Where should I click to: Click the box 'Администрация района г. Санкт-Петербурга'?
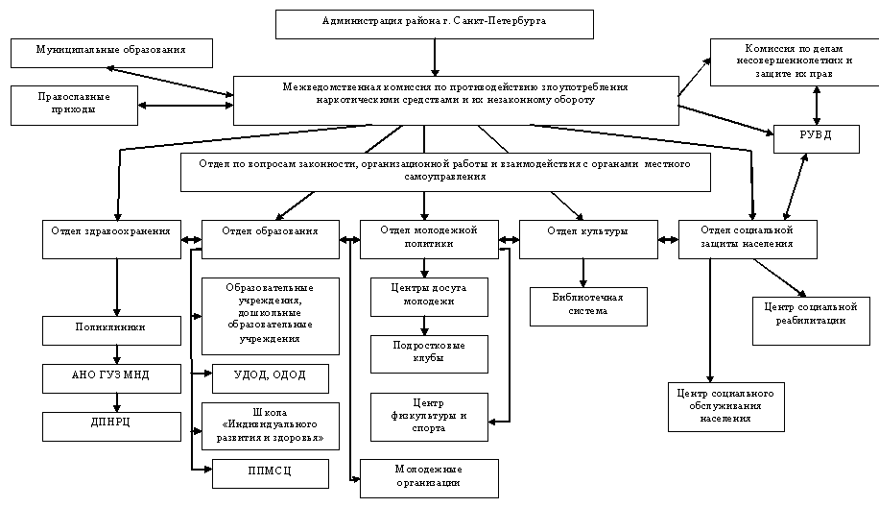click(x=434, y=23)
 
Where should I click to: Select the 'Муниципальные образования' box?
click(x=110, y=52)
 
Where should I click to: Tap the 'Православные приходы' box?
click(x=74, y=105)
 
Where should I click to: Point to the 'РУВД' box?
click(x=816, y=138)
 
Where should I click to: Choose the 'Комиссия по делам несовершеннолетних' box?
click(x=795, y=61)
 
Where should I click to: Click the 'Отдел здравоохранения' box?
click(x=112, y=239)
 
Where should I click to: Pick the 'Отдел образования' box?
click(x=270, y=239)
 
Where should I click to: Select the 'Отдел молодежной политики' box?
click(x=429, y=239)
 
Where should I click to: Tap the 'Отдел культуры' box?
click(x=588, y=239)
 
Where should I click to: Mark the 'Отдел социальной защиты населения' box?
click(x=748, y=239)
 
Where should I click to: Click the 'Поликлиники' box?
click(x=110, y=329)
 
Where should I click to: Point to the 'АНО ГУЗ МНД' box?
click(x=112, y=377)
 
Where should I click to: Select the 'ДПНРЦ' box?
click(x=112, y=425)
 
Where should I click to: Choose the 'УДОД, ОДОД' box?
click(x=270, y=377)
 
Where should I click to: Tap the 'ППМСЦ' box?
click(x=270, y=472)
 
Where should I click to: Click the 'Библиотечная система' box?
click(x=588, y=306)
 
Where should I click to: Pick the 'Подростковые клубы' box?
click(x=429, y=353)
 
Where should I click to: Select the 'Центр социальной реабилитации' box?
click(x=812, y=315)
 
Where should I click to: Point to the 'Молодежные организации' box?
click(x=429, y=477)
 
